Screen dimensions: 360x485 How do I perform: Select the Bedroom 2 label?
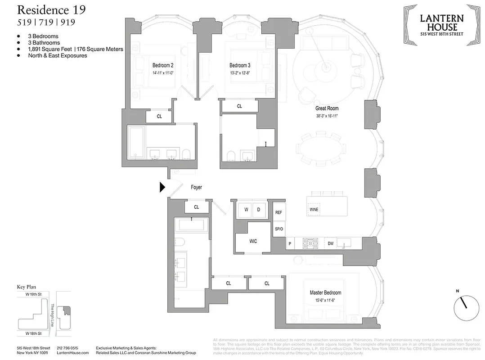(x=163, y=65)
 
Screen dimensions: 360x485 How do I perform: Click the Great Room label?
(x=327, y=108)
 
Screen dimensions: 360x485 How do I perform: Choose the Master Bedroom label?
(x=325, y=292)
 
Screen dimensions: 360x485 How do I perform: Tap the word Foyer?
(x=196, y=187)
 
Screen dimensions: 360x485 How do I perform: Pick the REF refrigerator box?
(x=278, y=212)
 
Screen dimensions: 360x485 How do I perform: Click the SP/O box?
(x=278, y=229)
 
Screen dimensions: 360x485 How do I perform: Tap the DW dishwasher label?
(x=330, y=243)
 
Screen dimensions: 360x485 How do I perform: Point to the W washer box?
(x=246, y=210)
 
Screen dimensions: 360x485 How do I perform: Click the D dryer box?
(x=259, y=210)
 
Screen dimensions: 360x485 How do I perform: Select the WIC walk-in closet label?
(x=253, y=241)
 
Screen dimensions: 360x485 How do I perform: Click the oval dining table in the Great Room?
(x=320, y=148)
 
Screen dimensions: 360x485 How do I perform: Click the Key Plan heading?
(x=26, y=287)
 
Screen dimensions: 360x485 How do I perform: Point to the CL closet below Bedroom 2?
(x=159, y=116)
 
